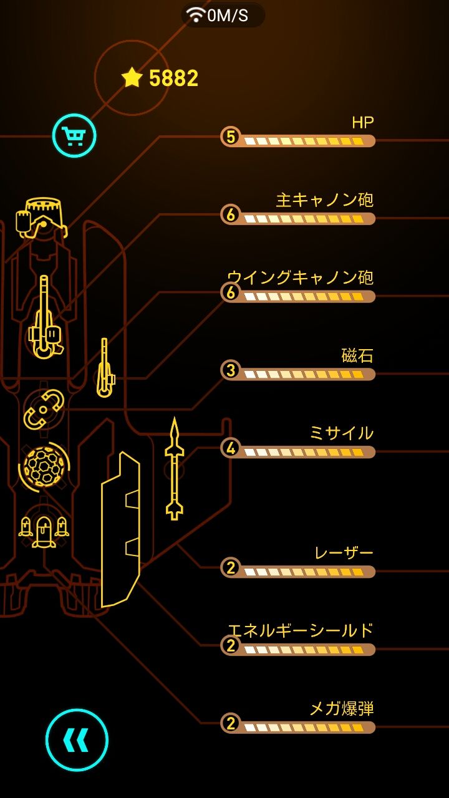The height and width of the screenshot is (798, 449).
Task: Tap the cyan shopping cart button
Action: [74, 136]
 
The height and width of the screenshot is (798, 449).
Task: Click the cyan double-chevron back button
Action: [77, 740]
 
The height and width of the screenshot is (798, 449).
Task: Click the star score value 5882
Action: [173, 78]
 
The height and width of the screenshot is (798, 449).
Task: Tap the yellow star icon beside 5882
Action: [132, 77]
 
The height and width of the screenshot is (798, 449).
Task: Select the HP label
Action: [363, 123]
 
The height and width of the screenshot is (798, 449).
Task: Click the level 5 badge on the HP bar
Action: [231, 137]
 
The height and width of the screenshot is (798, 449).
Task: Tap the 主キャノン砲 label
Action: [325, 200]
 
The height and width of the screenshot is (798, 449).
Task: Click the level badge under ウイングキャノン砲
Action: [231, 292]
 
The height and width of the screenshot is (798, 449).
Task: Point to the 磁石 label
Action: [357, 355]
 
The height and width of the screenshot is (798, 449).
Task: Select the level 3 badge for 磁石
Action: [231, 370]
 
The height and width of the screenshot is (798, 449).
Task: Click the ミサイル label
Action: [341, 433]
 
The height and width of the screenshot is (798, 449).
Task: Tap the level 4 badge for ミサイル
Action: [231, 448]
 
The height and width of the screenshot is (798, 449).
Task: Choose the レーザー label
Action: [344, 553]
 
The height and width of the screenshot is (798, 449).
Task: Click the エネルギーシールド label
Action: [301, 630]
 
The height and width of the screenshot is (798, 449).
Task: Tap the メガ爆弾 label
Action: [342, 708]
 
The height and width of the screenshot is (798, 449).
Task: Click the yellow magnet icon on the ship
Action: [44, 410]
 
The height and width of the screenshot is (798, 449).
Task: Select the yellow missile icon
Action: [175, 468]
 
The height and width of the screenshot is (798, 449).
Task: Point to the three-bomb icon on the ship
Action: [44, 531]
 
